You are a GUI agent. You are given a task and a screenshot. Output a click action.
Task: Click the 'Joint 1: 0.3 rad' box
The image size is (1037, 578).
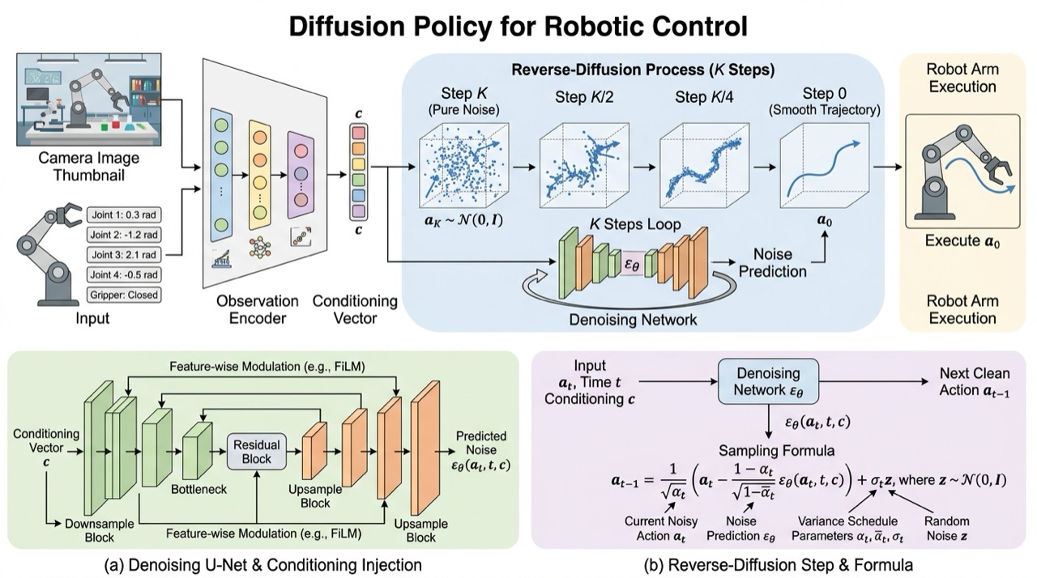click(124, 215)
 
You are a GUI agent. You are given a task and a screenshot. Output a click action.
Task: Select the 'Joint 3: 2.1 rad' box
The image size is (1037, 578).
click(124, 255)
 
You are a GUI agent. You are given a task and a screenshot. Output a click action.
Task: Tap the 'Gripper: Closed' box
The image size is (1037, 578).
click(124, 295)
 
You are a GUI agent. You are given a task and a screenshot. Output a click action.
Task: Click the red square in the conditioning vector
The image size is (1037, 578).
click(359, 134)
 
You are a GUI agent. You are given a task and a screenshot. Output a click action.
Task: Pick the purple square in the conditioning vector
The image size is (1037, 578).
click(359, 211)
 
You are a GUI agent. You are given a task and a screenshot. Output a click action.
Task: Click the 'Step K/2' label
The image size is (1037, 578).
click(584, 98)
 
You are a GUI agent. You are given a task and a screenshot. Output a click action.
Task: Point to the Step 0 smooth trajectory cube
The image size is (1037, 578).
click(825, 165)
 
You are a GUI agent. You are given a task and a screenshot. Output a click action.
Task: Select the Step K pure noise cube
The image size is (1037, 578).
click(464, 165)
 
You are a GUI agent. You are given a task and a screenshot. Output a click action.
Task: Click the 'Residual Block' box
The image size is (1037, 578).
click(257, 452)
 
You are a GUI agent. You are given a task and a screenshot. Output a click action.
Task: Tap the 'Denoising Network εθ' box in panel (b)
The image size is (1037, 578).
click(768, 381)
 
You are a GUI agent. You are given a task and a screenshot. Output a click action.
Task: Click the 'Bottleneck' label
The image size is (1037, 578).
click(199, 489)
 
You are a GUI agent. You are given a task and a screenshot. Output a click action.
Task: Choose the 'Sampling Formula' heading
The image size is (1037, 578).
click(776, 451)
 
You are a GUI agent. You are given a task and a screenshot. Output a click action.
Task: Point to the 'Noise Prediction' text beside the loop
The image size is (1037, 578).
click(772, 262)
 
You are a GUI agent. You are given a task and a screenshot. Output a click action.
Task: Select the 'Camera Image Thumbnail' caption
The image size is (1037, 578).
click(89, 167)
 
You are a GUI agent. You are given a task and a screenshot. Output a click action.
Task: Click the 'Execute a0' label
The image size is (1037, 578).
click(962, 241)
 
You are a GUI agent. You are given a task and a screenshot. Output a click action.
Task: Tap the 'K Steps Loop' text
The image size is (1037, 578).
click(635, 225)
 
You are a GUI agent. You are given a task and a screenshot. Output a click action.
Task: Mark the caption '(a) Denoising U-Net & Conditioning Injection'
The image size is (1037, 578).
click(263, 565)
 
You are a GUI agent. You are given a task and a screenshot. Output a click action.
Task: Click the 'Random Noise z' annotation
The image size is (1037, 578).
click(946, 529)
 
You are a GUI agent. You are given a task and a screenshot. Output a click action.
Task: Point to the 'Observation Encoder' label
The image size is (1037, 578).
click(258, 309)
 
